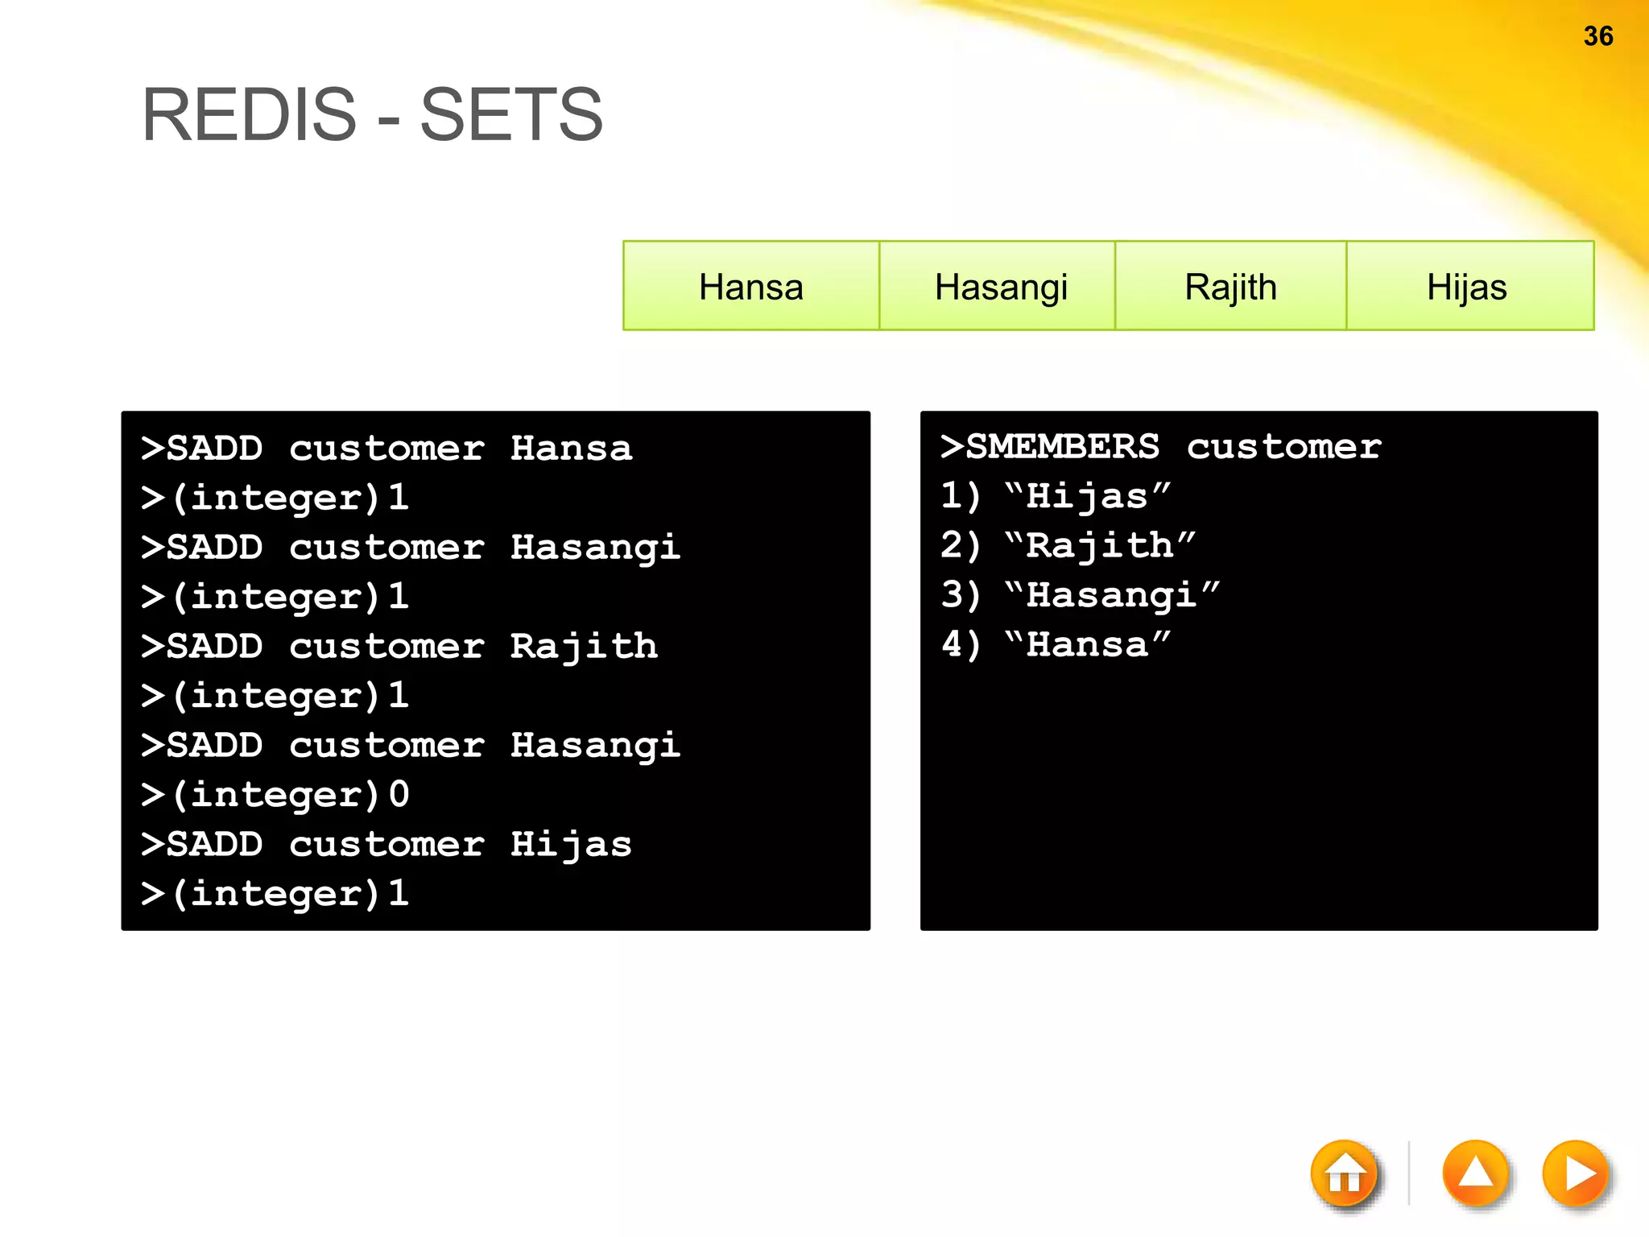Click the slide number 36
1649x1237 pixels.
click(x=1597, y=36)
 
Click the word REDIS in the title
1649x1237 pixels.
click(x=249, y=115)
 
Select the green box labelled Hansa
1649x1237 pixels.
click(x=750, y=287)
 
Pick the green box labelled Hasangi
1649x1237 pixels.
click(x=1000, y=287)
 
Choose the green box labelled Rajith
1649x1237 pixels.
click(x=1230, y=287)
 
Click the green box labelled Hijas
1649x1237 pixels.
click(x=1467, y=287)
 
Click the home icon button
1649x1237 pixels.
click(x=1345, y=1174)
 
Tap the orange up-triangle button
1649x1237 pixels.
click(x=1475, y=1174)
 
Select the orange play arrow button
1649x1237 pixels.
click(x=1576, y=1174)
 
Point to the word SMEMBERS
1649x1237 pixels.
click(x=1062, y=446)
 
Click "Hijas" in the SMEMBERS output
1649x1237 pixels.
click(x=1087, y=496)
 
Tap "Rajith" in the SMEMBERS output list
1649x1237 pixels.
click(x=1100, y=546)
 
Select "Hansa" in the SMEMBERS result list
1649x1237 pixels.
click(x=1087, y=645)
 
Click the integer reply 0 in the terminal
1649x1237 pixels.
click(x=399, y=794)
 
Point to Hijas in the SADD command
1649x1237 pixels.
click(x=571, y=844)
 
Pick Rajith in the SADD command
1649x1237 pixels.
click(x=584, y=646)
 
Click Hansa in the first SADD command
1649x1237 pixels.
click(x=571, y=448)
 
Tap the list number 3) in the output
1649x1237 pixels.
click(x=960, y=595)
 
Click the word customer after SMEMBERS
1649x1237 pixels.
click(x=1283, y=446)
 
